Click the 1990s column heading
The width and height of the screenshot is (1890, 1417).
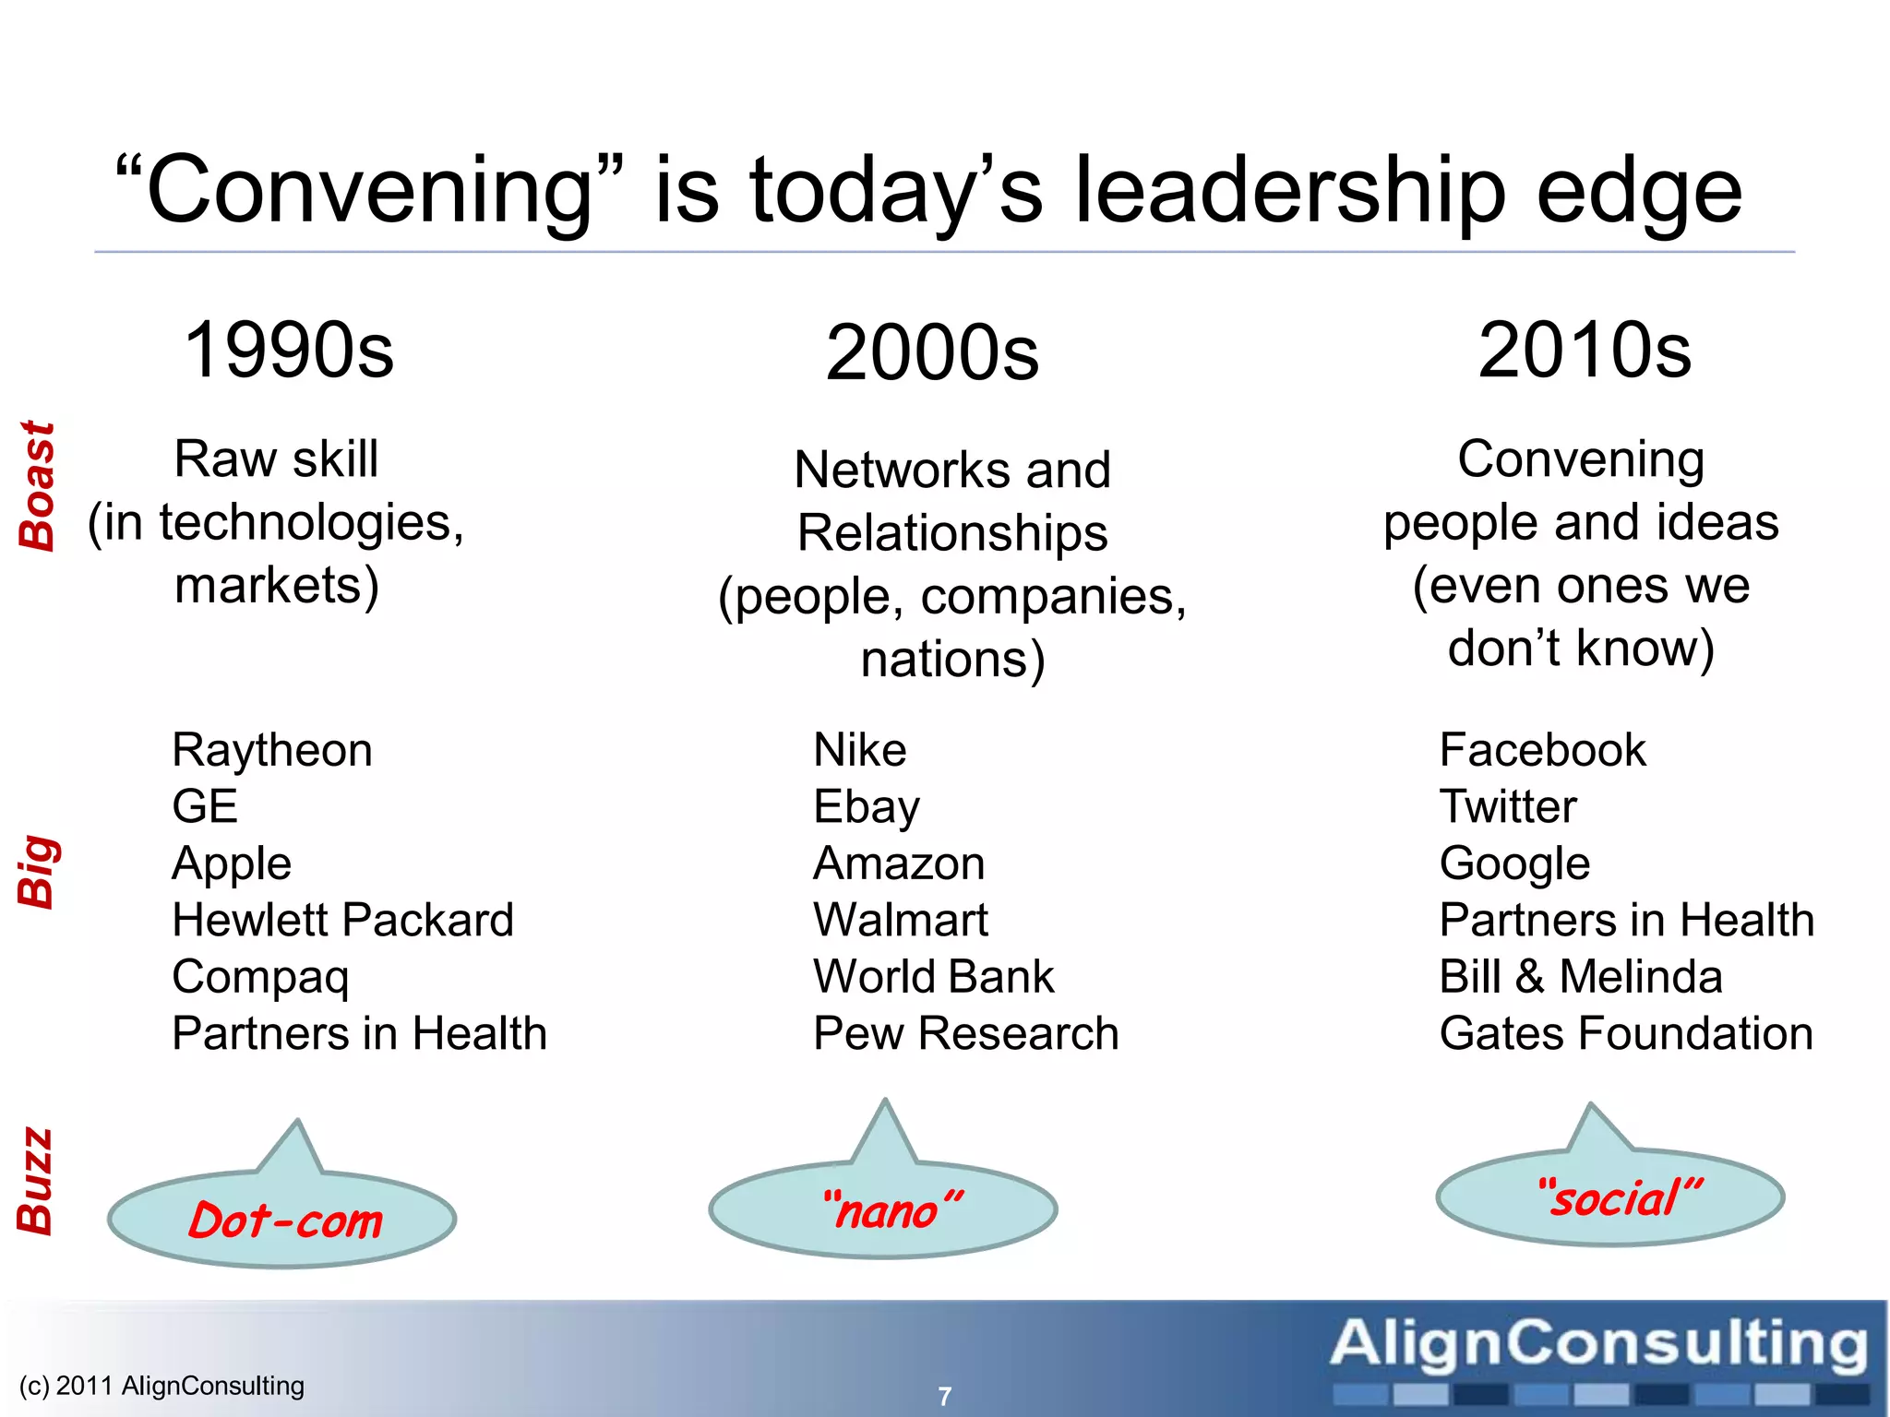[x=289, y=351]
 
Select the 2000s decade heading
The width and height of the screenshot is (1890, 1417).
[x=932, y=353]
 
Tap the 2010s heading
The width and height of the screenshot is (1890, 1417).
[x=1585, y=351]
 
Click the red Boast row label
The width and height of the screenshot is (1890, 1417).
[x=38, y=486]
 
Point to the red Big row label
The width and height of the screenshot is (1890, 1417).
[x=38, y=871]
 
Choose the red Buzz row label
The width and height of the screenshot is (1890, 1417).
[x=36, y=1181]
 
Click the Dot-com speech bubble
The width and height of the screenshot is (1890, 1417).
[x=283, y=1220]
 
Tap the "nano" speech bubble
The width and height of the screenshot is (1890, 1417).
[x=884, y=1209]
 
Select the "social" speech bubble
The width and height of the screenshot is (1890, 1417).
[x=1610, y=1197]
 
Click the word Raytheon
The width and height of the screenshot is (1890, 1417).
[x=272, y=750]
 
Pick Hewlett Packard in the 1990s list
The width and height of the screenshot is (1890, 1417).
[x=342, y=920]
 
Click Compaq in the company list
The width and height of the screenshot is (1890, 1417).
[x=260, y=977]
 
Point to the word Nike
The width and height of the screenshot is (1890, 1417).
[x=859, y=750]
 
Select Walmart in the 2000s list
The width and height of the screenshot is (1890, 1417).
[x=900, y=920]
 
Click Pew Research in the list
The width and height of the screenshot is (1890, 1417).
[x=965, y=1033]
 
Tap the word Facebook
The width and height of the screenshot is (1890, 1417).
[x=1542, y=750]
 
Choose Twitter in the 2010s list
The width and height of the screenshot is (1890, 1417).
[x=1508, y=806]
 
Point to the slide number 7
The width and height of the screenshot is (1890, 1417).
[x=944, y=1396]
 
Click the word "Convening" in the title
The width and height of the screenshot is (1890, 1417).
[x=369, y=191]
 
